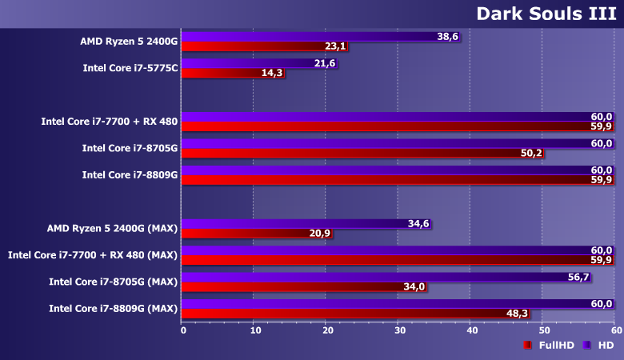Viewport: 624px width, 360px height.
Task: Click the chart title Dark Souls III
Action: coord(545,14)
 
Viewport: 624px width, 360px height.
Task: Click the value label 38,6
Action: coord(448,37)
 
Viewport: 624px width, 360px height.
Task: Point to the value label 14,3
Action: coord(272,73)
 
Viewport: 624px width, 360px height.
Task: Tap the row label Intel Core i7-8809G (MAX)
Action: coord(113,309)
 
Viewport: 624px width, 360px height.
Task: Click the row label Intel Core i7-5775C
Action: coord(130,68)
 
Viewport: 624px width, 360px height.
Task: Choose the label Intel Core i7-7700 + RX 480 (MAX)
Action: coord(92,255)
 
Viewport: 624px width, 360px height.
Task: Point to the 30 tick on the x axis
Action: coord(399,330)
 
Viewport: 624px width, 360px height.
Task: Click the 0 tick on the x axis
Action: coord(183,330)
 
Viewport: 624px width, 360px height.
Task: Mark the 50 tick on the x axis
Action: coord(543,330)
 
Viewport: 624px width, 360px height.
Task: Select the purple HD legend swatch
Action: coord(586,345)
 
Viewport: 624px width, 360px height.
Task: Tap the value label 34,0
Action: coord(416,287)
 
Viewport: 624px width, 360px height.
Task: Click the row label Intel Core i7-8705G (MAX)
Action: coord(113,282)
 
